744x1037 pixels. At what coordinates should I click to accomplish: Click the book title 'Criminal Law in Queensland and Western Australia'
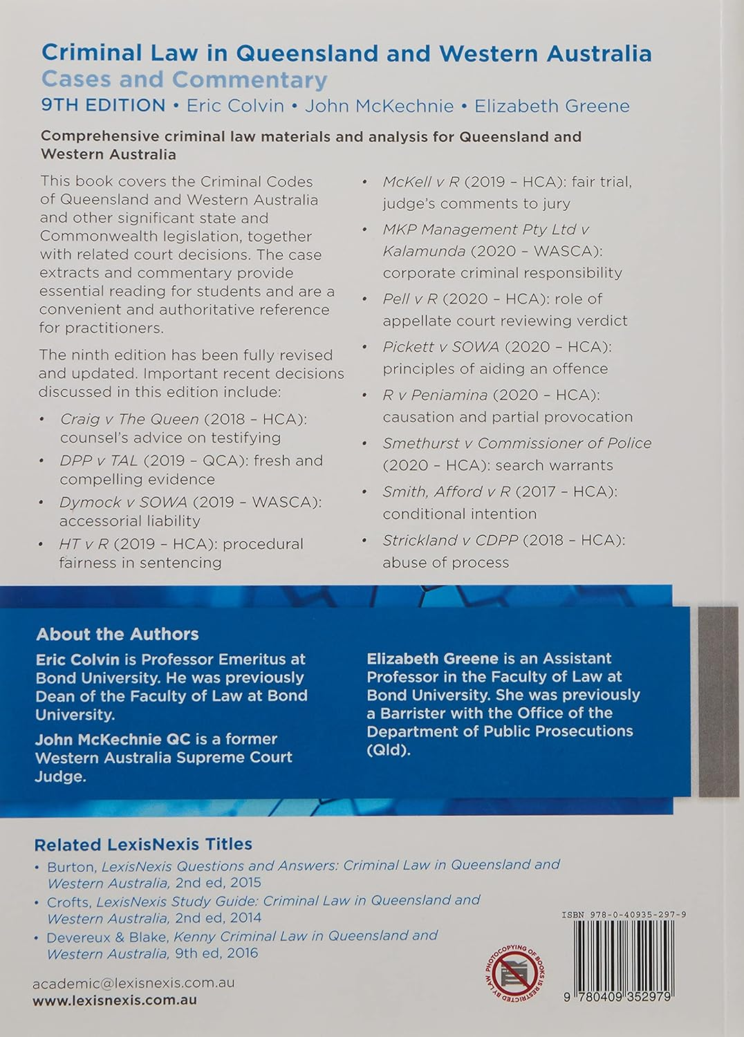coord(346,53)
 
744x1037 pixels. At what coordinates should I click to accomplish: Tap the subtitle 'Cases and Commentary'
coord(184,80)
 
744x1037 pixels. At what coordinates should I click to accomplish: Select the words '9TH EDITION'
coord(103,106)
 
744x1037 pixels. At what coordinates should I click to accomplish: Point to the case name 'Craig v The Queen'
coord(129,419)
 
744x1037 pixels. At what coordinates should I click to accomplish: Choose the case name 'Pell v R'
coord(410,299)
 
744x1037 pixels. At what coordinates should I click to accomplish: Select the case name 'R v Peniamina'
coord(435,395)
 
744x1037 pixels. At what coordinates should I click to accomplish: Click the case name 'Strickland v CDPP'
coord(450,540)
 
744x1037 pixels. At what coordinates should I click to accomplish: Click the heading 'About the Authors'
coord(117,634)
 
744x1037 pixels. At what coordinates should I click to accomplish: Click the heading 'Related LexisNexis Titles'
coord(143,844)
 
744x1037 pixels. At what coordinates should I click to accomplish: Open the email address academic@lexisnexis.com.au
coord(133,982)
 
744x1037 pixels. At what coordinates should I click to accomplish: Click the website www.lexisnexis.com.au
coord(114,1000)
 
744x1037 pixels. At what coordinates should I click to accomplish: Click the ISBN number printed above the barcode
coord(624,915)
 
